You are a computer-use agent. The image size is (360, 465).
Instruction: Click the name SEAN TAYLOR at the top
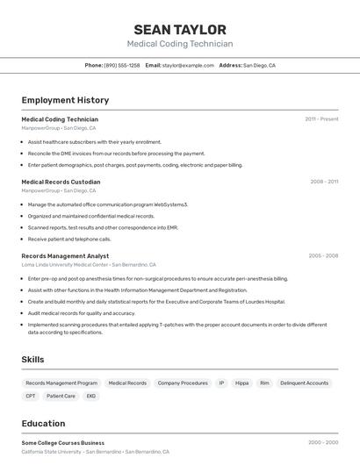(180, 30)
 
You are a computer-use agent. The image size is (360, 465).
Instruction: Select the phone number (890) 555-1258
(121, 66)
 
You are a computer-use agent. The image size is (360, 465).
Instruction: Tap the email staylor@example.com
(188, 66)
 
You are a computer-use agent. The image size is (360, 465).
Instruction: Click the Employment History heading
(65, 101)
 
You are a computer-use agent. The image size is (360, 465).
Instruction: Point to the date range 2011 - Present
(321, 119)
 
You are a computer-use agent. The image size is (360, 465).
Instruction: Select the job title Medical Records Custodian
(61, 182)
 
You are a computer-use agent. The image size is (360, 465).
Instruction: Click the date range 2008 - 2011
(324, 182)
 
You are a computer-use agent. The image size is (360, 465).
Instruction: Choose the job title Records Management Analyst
(65, 256)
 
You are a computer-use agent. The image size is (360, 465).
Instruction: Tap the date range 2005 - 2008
(323, 256)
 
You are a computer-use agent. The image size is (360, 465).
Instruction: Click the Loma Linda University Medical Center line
(88, 265)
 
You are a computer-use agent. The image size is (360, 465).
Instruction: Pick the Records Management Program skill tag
(61, 383)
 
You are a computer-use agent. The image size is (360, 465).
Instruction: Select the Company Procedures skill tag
(183, 383)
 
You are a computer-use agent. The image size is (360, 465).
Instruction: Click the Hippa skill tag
(241, 383)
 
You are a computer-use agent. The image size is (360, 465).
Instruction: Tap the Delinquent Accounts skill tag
(304, 383)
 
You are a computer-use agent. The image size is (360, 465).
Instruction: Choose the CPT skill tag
(31, 397)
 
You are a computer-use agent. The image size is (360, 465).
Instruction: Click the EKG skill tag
(90, 397)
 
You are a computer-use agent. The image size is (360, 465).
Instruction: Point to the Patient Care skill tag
(61, 397)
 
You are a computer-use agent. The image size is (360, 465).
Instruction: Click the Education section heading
(43, 424)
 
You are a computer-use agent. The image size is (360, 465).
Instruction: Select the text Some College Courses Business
(62, 443)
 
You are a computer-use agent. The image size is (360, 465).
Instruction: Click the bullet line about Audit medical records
(82, 313)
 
